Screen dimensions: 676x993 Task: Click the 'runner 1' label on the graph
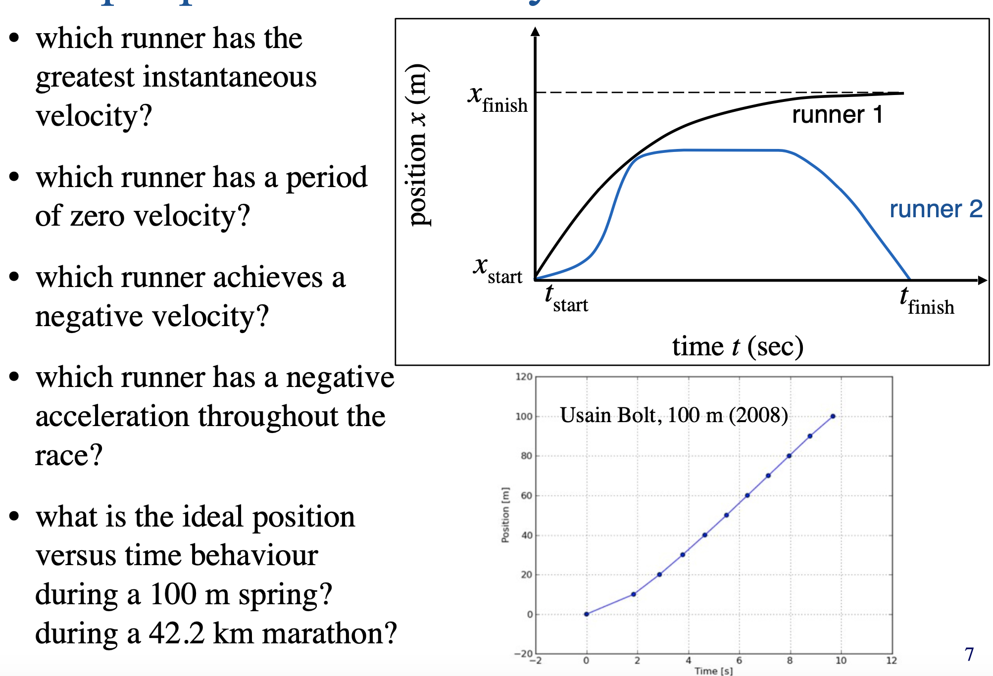click(837, 115)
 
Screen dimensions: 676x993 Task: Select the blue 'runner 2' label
click(936, 209)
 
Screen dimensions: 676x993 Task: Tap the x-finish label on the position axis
click(497, 98)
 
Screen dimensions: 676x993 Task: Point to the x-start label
click(497, 270)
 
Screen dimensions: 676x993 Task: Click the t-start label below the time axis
click(566, 299)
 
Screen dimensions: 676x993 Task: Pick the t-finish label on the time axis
click(926, 301)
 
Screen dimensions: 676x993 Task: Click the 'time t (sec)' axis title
click(738, 346)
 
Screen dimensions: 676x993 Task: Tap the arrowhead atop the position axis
click(535, 31)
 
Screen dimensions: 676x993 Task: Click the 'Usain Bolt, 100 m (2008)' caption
click(674, 415)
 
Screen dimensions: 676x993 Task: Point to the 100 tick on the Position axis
click(524, 417)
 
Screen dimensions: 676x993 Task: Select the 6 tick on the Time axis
click(739, 660)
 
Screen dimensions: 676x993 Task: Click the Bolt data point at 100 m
click(833, 416)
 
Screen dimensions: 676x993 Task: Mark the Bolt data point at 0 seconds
click(587, 614)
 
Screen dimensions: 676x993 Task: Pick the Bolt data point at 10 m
click(634, 594)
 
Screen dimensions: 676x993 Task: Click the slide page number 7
click(969, 654)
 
